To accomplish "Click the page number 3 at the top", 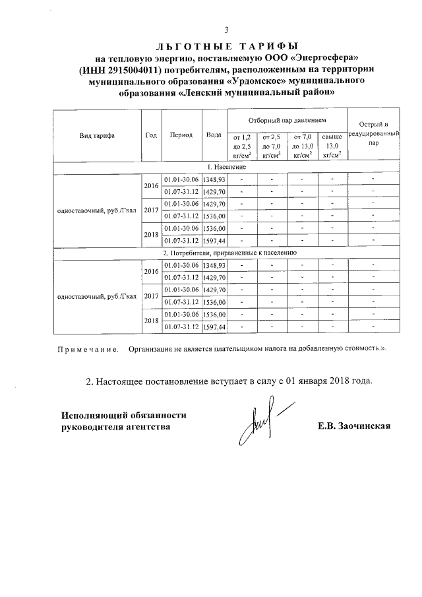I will click(226, 30).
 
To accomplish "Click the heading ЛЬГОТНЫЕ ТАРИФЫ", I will click(226, 46).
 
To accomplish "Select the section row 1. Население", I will click(227, 167).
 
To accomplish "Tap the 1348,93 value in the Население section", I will click(214, 179).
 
